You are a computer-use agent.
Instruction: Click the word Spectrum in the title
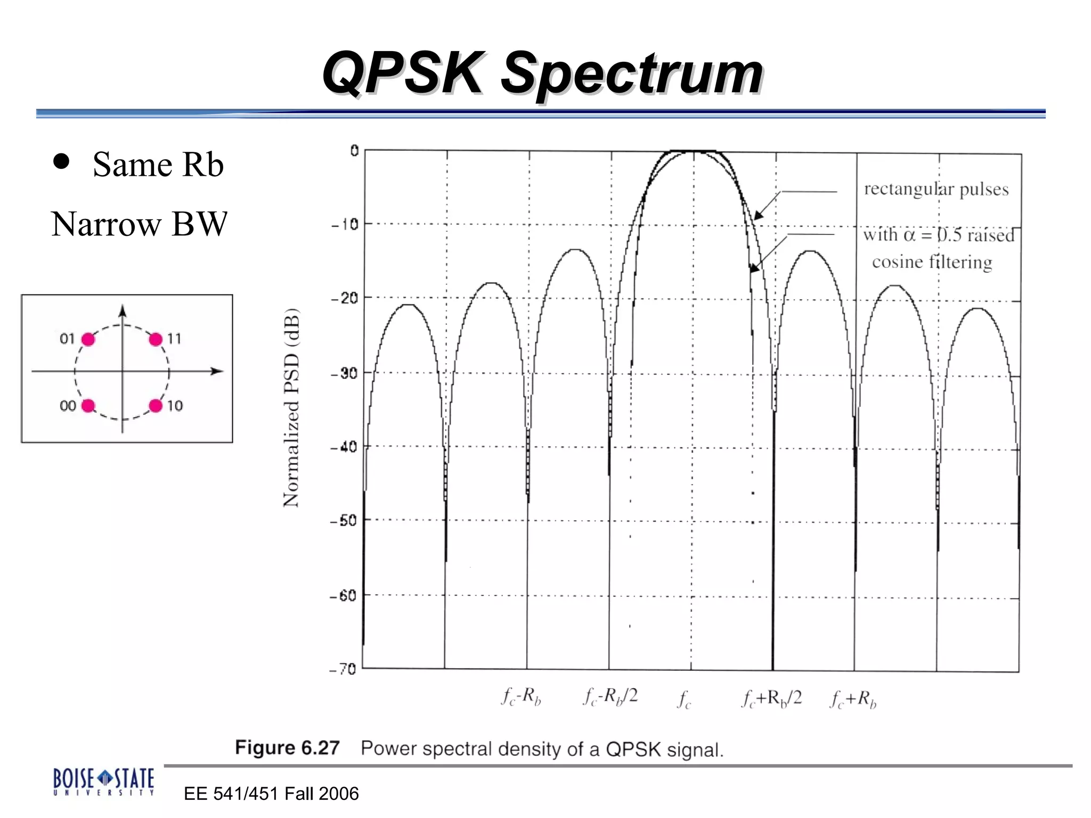click(x=632, y=75)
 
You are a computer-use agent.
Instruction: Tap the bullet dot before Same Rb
click(x=61, y=161)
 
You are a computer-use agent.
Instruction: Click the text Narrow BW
click(x=139, y=224)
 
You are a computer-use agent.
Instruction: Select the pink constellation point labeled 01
click(x=88, y=339)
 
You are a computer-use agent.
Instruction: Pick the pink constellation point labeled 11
click(x=156, y=339)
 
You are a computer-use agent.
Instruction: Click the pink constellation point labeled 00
click(x=88, y=406)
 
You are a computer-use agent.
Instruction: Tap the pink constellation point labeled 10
click(x=156, y=406)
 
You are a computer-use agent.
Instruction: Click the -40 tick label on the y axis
click(x=344, y=447)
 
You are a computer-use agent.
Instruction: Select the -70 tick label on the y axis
click(x=343, y=669)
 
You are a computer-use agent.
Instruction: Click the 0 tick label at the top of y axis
click(x=354, y=151)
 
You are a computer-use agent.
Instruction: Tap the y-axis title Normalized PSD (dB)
click(x=291, y=407)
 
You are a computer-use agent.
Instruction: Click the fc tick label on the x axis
click(x=685, y=699)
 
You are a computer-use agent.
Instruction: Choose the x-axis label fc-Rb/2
click(x=610, y=697)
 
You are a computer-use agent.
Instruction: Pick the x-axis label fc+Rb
click(x=853, y=699)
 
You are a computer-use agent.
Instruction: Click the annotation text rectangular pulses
click(x=936, y=189)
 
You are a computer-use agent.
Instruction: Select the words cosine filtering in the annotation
click(x=932, y=262)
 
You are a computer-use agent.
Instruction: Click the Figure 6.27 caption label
click(x=287, y=748)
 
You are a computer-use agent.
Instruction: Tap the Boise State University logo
click(x=103, y=781)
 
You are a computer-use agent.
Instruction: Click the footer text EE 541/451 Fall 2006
click(x=271, y=794)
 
